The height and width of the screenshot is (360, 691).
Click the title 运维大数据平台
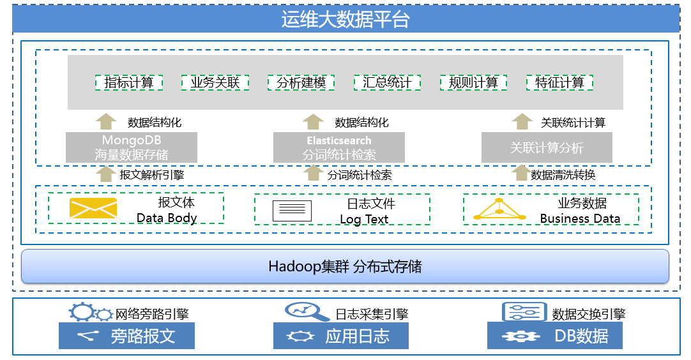[345, 20]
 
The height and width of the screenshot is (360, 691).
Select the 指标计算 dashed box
[129, 82]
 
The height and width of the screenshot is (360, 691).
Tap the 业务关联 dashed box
[215, 82]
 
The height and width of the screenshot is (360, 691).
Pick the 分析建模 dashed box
[301, 82]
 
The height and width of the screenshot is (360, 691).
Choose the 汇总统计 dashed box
[388, 82]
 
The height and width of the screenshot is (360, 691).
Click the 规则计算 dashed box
[473, 82]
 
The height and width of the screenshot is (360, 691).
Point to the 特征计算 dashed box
[559, 82]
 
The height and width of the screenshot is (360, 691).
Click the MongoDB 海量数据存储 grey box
[132, 147]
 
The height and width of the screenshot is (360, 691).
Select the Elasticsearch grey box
[339, 147]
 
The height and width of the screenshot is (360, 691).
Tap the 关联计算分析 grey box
[547, 147]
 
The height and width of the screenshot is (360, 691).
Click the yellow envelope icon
[93, 209]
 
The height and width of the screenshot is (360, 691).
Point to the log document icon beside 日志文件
[292, 211]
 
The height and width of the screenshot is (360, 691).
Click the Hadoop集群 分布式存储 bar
[345, 266]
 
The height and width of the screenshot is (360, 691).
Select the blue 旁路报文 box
[126, 336]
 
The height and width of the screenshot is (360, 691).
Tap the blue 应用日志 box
[340, 336]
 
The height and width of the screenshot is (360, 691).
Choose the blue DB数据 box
[554, 336]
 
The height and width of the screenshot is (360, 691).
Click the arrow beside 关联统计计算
[522, 121]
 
